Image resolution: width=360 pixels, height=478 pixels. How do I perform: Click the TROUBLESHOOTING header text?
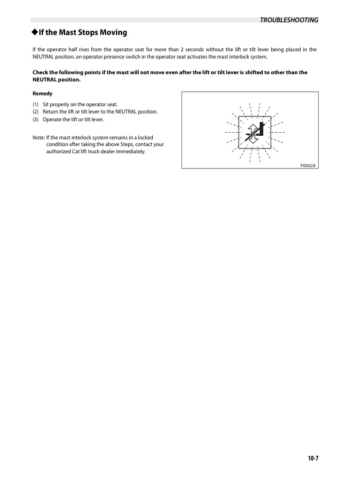click(289, 20)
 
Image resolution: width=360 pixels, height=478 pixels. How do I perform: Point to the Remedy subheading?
click(42, 94)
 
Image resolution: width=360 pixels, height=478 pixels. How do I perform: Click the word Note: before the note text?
click(39, 138)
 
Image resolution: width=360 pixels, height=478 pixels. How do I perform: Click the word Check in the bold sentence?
click(41, 72)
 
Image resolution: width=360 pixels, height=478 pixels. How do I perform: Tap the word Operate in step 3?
click(53, 119)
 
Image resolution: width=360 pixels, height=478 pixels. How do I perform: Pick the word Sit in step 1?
click(46, 105)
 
